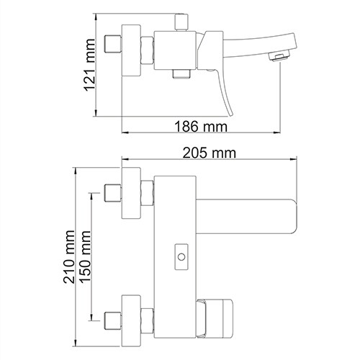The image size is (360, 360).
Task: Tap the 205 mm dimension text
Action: pyautogui.click(x=210, y=152)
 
